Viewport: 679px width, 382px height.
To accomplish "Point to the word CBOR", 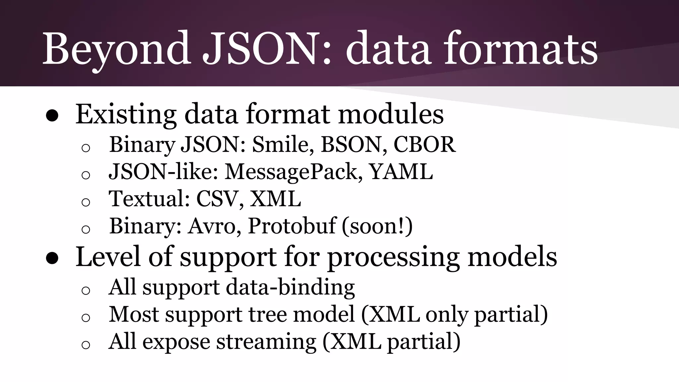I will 424,145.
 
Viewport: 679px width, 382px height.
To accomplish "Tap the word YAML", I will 401,172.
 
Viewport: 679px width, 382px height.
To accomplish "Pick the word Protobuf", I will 292,226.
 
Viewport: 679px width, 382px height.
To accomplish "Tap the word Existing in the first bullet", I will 126,115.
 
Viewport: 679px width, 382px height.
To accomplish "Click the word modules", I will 391,115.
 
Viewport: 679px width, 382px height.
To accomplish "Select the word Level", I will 108,257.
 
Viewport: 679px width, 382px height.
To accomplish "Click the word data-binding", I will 290,287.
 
